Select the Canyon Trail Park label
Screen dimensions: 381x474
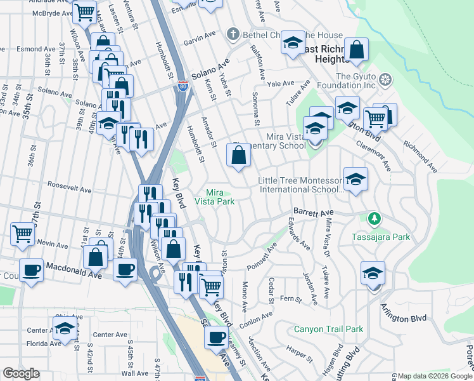tap(328, 330)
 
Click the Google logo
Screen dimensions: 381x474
tap(21, 373)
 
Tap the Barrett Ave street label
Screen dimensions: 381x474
tap(312, 213)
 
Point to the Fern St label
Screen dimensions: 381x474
tap(291, 298)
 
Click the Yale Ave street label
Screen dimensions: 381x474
tap(281, 83)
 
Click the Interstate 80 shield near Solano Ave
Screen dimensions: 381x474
tap(183, 85)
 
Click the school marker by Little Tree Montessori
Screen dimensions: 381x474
tap(355, 178)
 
